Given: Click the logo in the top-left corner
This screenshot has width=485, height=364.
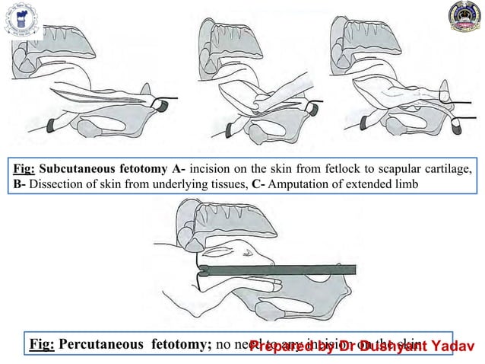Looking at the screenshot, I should pos(23,19).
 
